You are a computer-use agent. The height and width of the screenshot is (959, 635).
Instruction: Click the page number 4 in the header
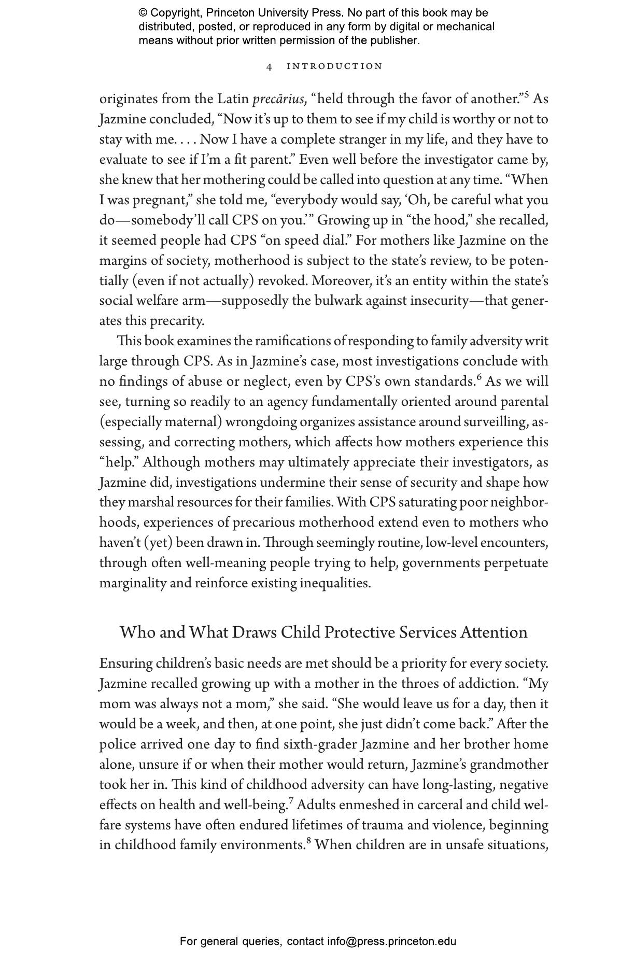click(269, 66)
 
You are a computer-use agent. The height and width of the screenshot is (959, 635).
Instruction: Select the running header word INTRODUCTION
click(334, 66)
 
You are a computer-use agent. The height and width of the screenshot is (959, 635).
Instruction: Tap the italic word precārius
click(278, 99)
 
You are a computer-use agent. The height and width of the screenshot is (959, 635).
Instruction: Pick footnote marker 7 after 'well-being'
click(291, 801)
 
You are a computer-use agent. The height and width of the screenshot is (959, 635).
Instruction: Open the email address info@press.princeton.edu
click(391, 941)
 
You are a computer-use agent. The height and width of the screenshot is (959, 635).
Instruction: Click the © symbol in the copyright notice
click(143, 13)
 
